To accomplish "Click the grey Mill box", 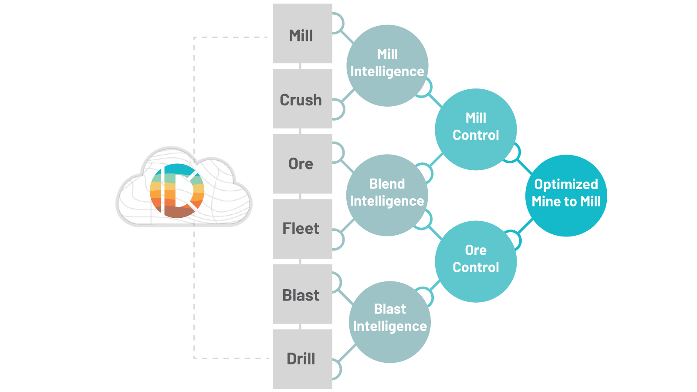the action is (302, 34).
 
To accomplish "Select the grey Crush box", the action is (302, 98).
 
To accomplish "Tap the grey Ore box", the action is (302, 164).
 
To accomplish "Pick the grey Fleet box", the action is (302, 229).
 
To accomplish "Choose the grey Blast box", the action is (302, 294).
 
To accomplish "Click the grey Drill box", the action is (302, 359).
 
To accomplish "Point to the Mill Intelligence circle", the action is (387, 66).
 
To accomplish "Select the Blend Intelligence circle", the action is (387, 195).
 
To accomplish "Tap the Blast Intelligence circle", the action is (389, 322).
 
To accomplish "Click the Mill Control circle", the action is (476, 129).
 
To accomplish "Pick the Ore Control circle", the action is (476, 262).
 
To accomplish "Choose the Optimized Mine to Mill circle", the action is (566, 196).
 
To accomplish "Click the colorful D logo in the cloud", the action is (177, 191).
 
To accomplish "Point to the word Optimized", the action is (566, 184).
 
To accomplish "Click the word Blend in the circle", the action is (387, 184).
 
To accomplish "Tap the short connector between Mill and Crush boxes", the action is (300, 66).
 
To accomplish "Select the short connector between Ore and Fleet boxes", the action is (300, 196).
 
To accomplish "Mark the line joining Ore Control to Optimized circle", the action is (526, 226).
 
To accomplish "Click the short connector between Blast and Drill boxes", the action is (300, 327).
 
